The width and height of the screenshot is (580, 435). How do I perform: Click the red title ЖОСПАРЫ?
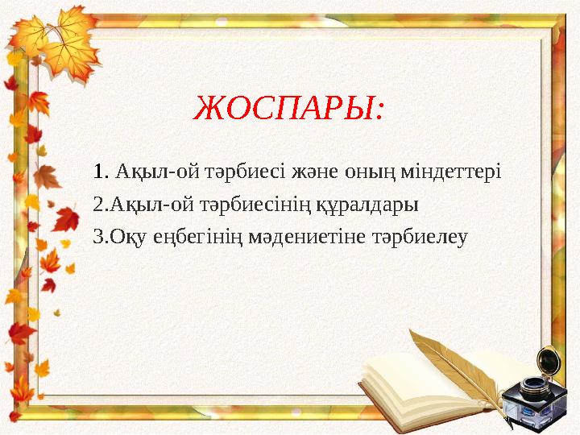tap(290, 107)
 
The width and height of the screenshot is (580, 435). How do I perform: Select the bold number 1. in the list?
tap(101, 172)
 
